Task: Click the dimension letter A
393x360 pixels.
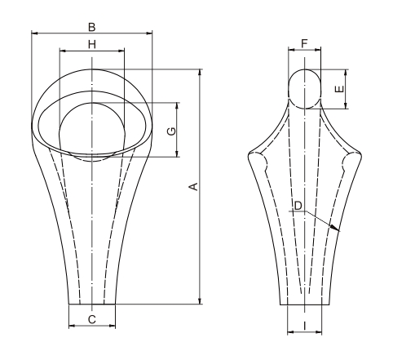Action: click(193, 188)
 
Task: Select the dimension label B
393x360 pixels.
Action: click(91, 26)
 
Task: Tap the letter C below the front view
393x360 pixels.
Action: click(91, 319)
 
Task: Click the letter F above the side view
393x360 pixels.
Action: click(304, 42)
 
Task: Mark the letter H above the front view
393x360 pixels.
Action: click(91, 43)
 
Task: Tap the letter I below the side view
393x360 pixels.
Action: click(304, 326)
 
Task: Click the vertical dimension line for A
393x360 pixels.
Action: click(201, 245)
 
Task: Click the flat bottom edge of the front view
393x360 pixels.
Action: click(91, 304)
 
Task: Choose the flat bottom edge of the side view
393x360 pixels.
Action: click(304, 304)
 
